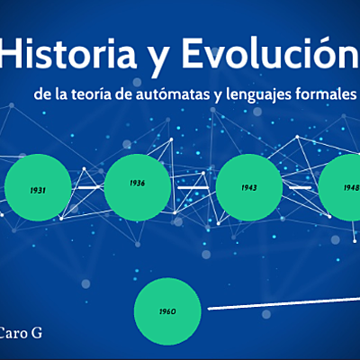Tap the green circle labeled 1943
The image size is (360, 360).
[249, 187]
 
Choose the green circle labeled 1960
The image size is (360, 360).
[166, 311]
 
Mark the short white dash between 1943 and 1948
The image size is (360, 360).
[300, 186]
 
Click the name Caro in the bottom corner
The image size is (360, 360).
[15, 332]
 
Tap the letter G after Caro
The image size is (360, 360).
[39, 332]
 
